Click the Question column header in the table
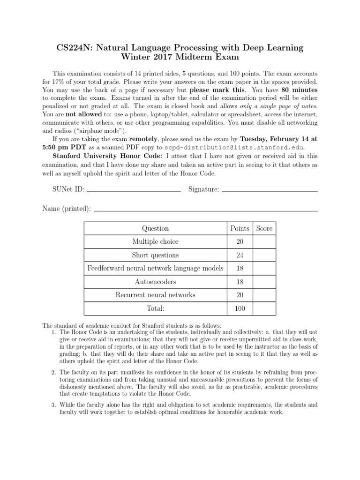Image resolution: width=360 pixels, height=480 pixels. coord(155,228)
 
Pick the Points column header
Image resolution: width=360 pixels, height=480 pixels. coord(240,228)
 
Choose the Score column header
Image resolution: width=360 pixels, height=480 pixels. coord(264,228)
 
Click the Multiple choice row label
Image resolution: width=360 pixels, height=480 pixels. coord(155,242)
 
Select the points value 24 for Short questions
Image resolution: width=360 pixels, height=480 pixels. coord(240,255)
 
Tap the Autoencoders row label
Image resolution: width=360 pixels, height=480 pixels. coord(155,282)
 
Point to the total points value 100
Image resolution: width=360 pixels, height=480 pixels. coord(240,309)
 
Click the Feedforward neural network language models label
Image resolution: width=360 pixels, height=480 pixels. coord(155,269)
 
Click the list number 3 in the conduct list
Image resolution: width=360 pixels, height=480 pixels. coord(54,405)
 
